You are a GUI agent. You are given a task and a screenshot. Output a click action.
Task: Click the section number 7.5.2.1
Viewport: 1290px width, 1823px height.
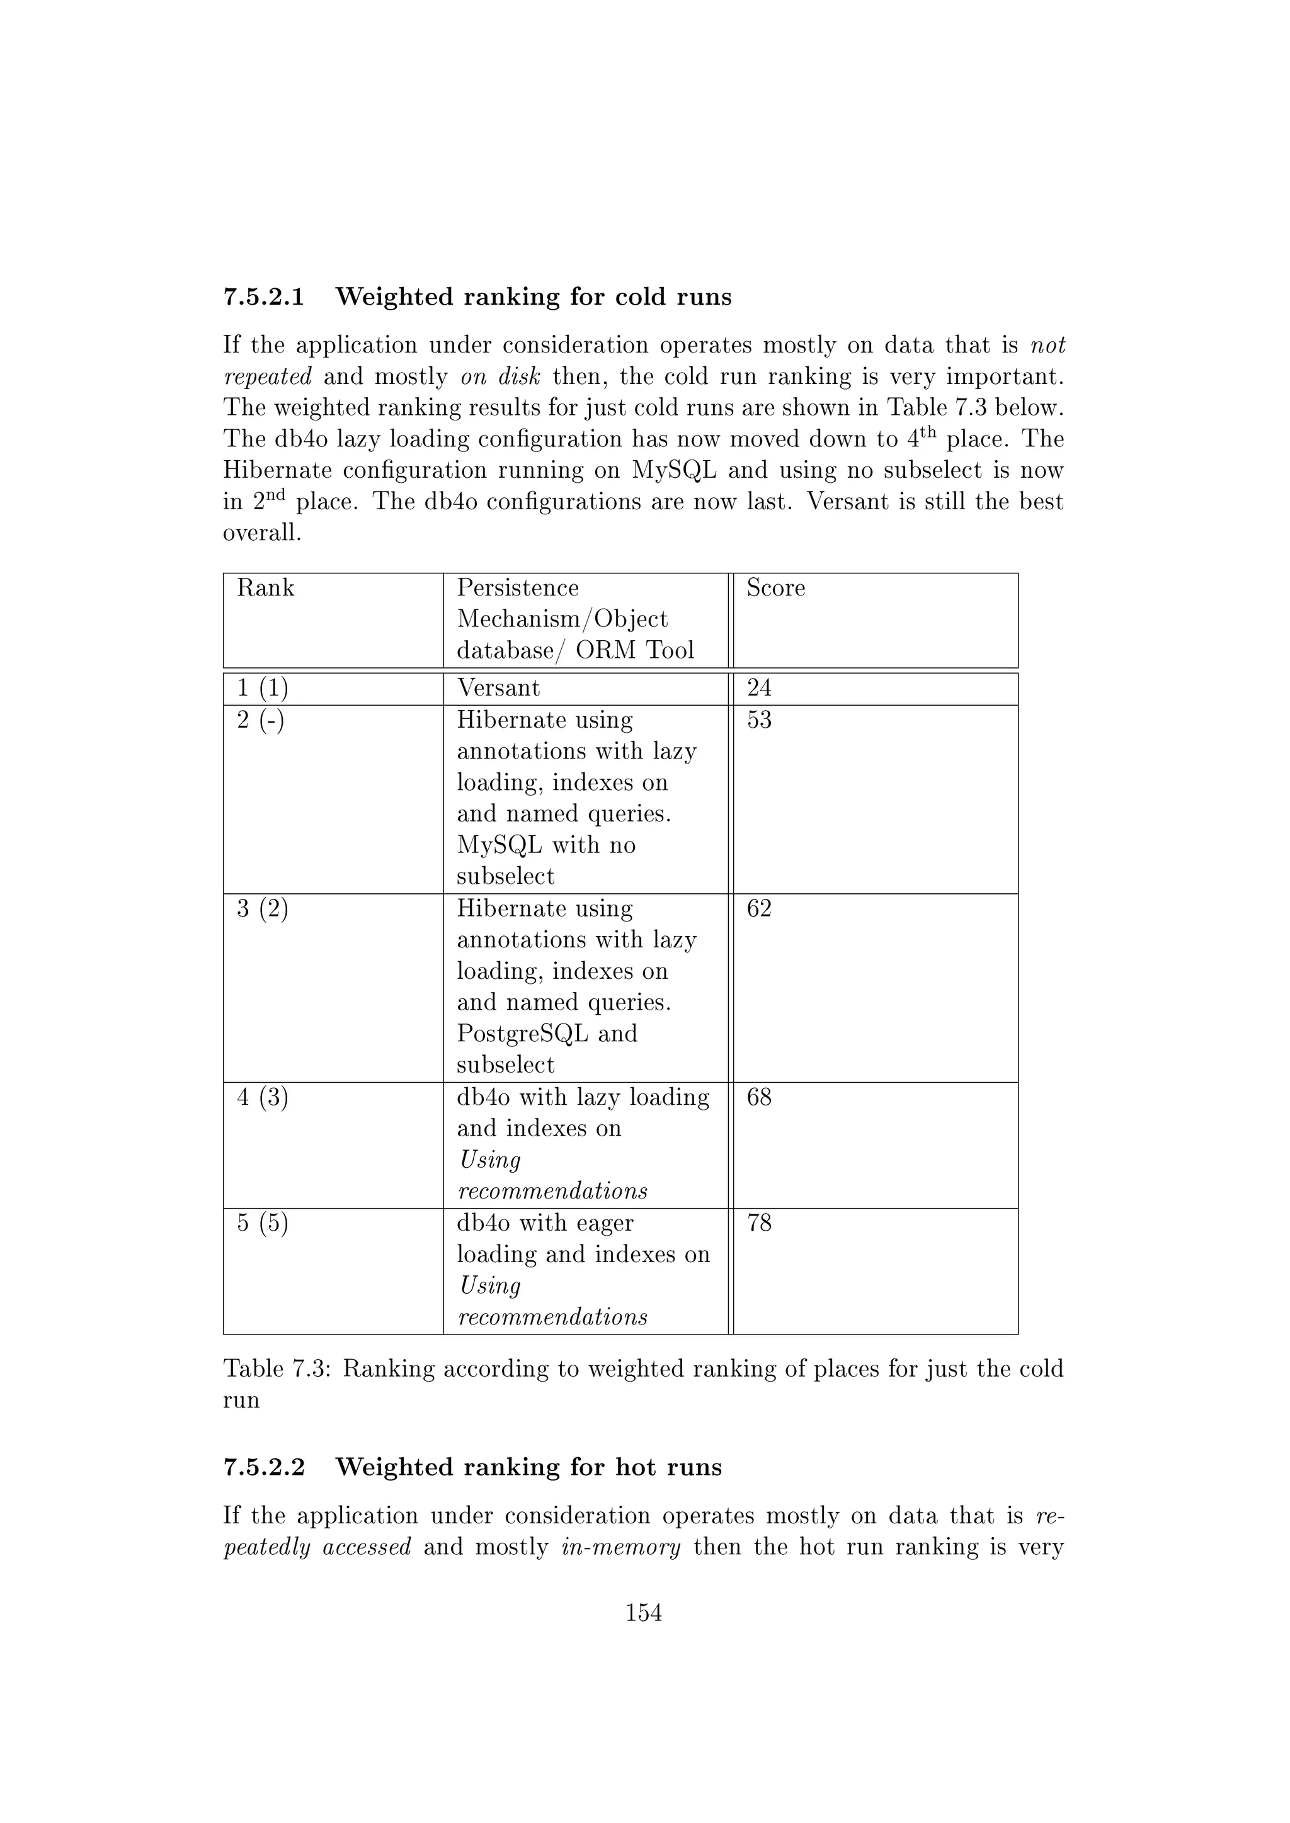[264, 297]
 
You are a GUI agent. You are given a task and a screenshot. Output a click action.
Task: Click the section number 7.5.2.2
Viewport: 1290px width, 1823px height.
[264, 1467]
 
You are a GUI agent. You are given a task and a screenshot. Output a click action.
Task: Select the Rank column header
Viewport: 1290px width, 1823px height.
[265, 589]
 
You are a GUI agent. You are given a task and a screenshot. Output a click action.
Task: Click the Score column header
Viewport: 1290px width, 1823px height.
[775, 589]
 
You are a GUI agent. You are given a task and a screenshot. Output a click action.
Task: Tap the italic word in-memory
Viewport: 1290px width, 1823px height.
[620, 1547]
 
